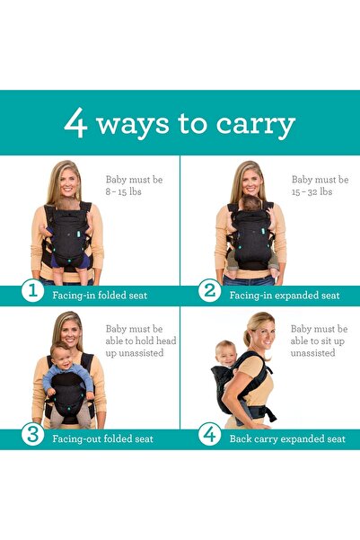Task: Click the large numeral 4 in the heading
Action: tap(76, 123)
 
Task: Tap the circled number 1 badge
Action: tap(32, 292)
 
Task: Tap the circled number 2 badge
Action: tap(209, 292)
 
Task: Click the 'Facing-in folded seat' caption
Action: tap(99, 295)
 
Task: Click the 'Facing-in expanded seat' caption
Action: tap(284, 295)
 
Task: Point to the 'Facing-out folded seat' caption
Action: tap(101, 439)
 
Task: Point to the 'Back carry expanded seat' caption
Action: tap(286, 439)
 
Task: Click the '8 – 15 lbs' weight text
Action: tap(123, 192)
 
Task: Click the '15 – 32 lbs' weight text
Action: tap(312, 192)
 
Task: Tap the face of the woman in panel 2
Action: tap(248, 183)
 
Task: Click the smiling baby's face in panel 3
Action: tap(61, 354)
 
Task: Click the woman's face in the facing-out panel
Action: tap(68, 331)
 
